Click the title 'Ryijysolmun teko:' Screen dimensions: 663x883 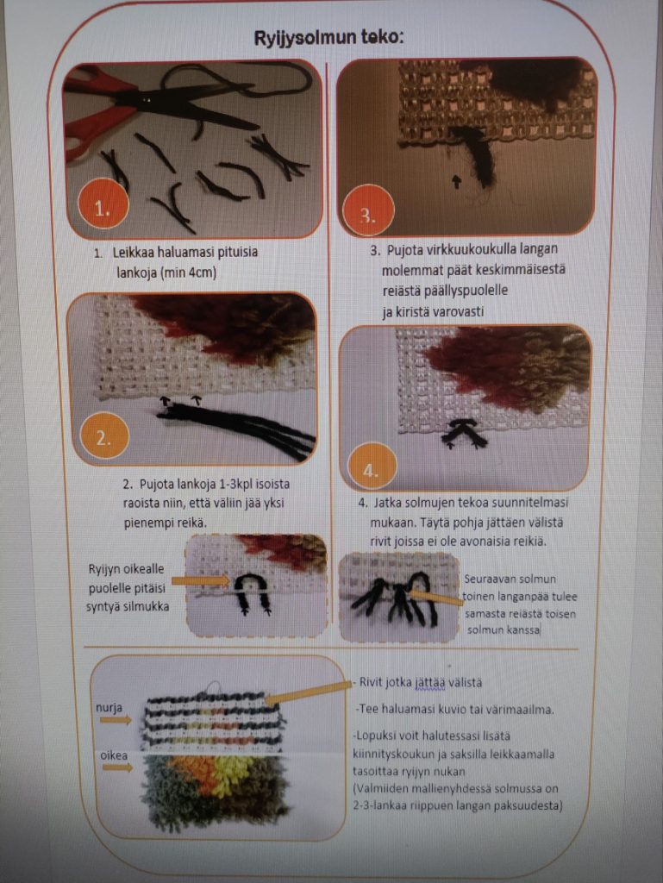pyautogui.click(x=329, y=38)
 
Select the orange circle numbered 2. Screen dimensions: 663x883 pyautogui.click(x=103, y=437)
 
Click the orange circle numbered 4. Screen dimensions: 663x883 pyautogui.click(x=371, y=470)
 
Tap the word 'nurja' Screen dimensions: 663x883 pyautogui.click(x=109, y=707)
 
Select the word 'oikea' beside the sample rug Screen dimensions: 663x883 pyautogui.click(x=115, y=755)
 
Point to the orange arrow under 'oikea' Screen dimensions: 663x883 pyautogui.click(x=117, y=767)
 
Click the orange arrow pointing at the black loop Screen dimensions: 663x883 pyautogui.click(x=201, y=580)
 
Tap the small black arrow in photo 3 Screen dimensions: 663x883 pyautogui.click(x=456, y=181)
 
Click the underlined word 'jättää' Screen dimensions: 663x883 pyautogui.click(x=429, y=683)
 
